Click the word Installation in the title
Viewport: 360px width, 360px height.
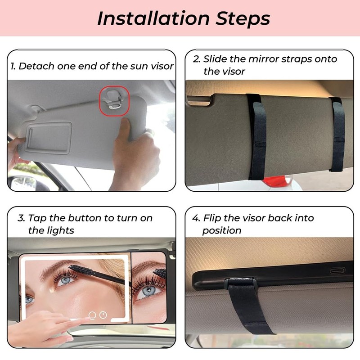click(153, 18)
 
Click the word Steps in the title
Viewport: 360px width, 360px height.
click(243, 18)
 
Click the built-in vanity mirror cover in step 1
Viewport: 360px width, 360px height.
click(49, 138)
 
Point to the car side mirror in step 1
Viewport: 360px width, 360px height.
click(23, 183)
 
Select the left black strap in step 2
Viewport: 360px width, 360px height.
click(256, 137)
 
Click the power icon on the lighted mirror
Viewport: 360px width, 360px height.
click(103, 315)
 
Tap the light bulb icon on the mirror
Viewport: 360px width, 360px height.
click(92, 315)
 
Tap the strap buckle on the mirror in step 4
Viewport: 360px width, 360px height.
click(241, 283)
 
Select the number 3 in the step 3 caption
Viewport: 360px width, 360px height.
click(21, 218)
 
